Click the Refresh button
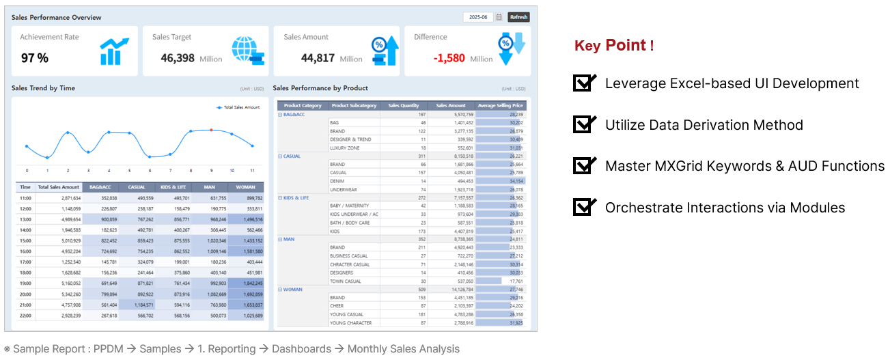click(518, 17)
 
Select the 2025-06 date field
click(477, 17)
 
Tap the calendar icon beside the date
click(499, 17)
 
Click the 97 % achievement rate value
click(35, 58)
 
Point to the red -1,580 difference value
click(449, 58)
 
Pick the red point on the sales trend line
click(211, 130)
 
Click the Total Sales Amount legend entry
click(238, 107)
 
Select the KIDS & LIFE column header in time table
click(173, 186)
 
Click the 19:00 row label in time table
click(25, 282)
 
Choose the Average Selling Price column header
click(501, 106)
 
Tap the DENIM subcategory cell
click(337, 181)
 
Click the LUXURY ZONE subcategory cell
click(345, 148)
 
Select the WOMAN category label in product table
click(292, 290)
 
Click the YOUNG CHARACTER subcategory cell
click(350, 323)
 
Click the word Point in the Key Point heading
click(626, 46)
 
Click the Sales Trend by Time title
click(44, 88)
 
